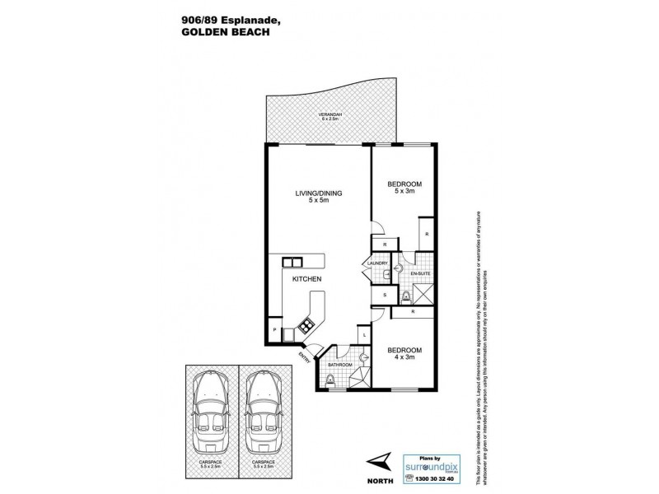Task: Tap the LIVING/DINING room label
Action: pos(319,193)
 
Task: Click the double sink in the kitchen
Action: pos(292,263)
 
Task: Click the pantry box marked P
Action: pos(273,329)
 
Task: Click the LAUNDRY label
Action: pos(376,263)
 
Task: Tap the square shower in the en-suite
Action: pos(423,294)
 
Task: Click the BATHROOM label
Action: pos(339,364)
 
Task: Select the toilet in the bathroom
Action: pos(330,378)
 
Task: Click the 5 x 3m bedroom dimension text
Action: pos(404,191)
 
